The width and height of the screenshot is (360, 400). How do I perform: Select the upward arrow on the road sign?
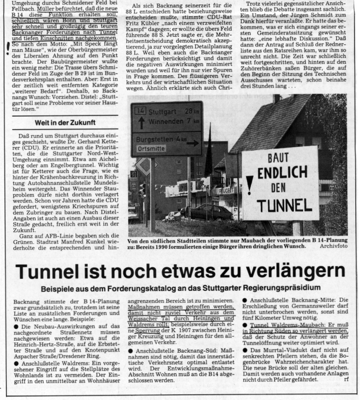(x=141, y=123)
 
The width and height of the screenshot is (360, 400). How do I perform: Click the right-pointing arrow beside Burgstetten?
(x=193, y=143)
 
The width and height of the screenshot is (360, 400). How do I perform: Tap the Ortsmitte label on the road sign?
(x=151, y=149)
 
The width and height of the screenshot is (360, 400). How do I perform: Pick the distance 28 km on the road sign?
(x=191, y=111)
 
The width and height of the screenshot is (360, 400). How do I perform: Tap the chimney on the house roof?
(x=276, y=98)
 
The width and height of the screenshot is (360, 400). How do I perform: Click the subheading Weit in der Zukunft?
(x=65, y=123)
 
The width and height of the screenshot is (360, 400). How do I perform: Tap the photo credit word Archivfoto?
(x=333, y=246)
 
